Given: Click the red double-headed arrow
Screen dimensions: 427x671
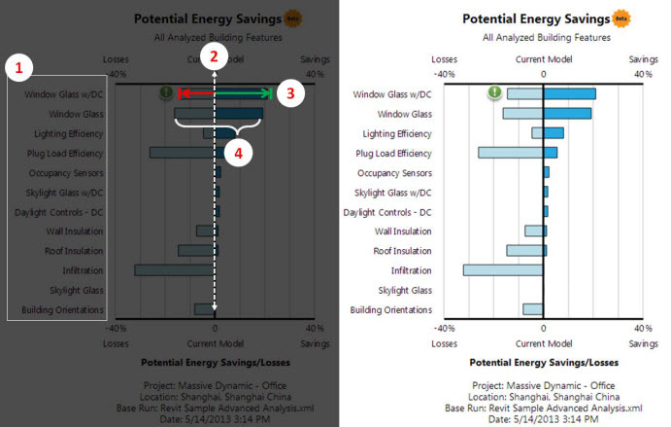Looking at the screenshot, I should tap(196, 93).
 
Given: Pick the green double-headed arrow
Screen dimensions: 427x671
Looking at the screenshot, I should tap(243, 93).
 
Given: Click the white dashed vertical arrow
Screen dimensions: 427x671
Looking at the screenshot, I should tap(215, 195).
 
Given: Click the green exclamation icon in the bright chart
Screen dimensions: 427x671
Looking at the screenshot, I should tap(495, 93).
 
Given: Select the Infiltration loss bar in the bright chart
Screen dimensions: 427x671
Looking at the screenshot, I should tap(503, 270).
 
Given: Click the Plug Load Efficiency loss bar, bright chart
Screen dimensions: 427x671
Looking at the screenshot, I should tap(511, 153).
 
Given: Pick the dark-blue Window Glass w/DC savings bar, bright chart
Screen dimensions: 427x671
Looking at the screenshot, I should tap(569, 94).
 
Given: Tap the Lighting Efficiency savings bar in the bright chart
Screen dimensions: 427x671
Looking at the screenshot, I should tap(554, 133).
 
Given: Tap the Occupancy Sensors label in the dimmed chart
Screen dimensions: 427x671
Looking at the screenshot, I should tap(67, 172).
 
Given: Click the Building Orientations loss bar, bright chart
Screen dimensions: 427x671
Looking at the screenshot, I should tap(533, 309).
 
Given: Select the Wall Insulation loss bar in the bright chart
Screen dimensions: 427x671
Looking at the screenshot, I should tap(534, 231).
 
